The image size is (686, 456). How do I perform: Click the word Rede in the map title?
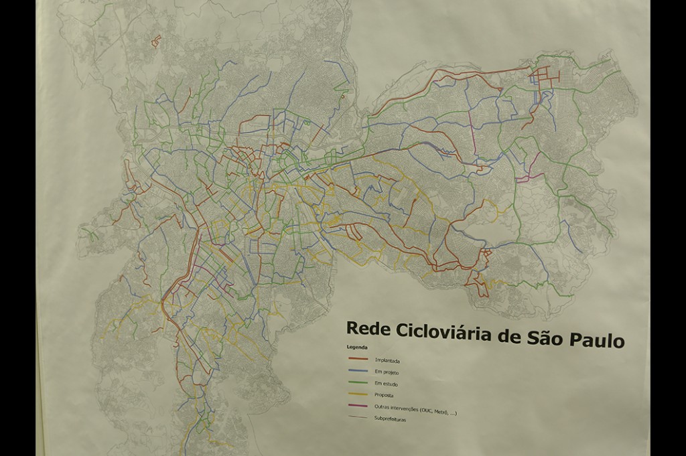coord(366,329)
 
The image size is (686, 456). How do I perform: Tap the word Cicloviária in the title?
coord(437,332)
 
